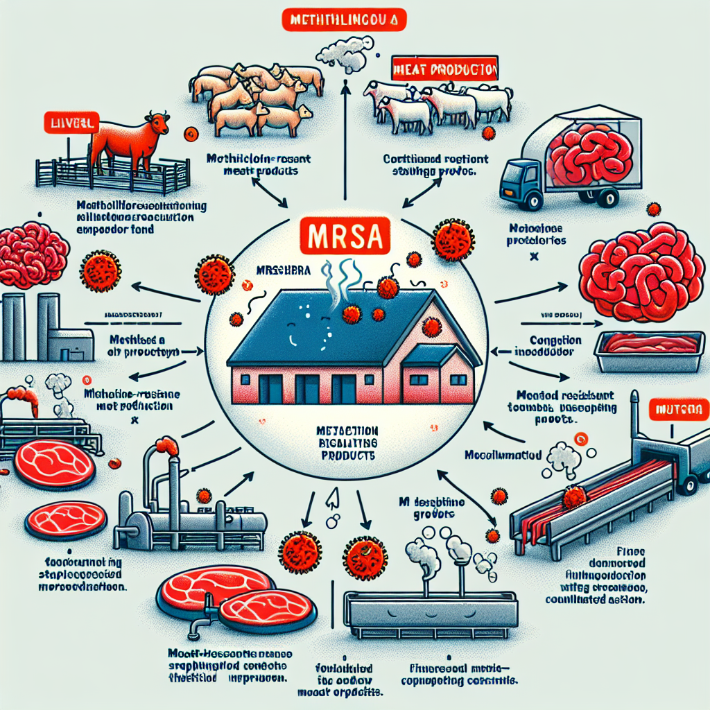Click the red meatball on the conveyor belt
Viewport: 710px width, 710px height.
[x=574, y=496]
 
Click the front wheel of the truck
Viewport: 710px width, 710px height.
[x=533, y=201]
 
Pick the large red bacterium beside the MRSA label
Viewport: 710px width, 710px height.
[x=453, y=240]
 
